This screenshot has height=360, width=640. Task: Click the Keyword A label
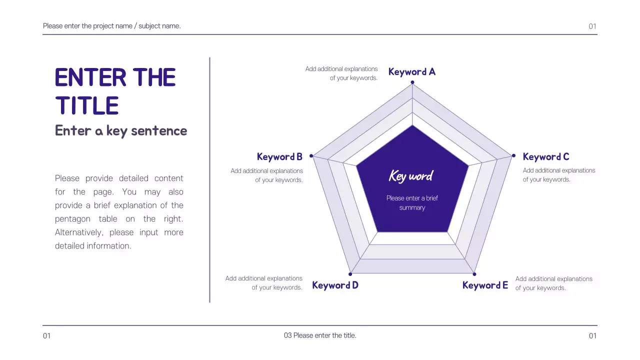pyautogui.click(x=411, y=72)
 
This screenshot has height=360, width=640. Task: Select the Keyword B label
pyautogui.click(x=279, y=157)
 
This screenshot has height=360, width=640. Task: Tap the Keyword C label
pyautogui.click(x=545, y=157)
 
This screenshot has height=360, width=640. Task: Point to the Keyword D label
pyautogui.click(x=335, y=285)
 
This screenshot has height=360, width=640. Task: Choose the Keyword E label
pyautogui.click(x=485, y=285)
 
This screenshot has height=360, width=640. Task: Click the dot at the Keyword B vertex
pyautogui.click(x=311, y=156)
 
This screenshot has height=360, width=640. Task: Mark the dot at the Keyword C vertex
pyautogui.click(x=513, y=156)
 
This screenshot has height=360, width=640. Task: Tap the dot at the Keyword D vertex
pyautogui.click(x=350, y=274)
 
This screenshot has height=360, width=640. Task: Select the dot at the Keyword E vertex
pyautogui.click(x=474, y=274)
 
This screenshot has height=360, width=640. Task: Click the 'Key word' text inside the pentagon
pyautogui.click(x=411, y=176)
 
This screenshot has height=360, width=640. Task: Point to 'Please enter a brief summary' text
pyautogui.click(x=412, y=203)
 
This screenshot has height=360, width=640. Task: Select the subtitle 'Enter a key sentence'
pyautogui.click(x=121, y=131)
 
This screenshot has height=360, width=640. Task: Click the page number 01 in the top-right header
pyautogui.click(x=592, y=26)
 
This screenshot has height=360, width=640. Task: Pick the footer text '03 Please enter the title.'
pyautogui.click(x=320, y=335)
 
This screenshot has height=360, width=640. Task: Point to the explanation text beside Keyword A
pyautogui.click(x=341, y=73)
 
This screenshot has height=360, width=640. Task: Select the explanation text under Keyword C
pyautogui.click(x=558, y=175)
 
